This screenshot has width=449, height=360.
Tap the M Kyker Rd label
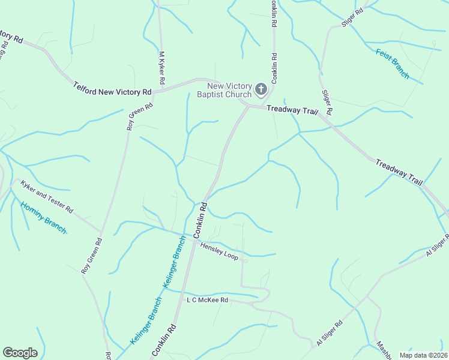pyautogui.click(x=161, y=67)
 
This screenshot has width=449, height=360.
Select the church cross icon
pyautogui.click(x=261, y=90)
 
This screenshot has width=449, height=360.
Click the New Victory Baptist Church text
pyautogui.click(x=226, y=90)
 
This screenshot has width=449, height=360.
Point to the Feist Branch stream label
pyautogui.click(x=393, y=64)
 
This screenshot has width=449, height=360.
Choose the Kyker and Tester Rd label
pyautogui.click(x=46, y=197)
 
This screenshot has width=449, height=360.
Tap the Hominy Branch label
pyautogui.click(x=43, y=217)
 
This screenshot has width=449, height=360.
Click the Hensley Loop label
pyautogui.click(x=219, y=251)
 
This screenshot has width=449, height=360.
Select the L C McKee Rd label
pyautogui.click(x=208, y=299)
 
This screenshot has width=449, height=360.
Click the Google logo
pyautogui.click(x=20, y=353)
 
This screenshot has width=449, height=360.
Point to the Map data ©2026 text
pyautogui.click(x=423, y=355)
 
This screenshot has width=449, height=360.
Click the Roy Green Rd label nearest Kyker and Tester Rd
pyautogui.click(x=92, y=256)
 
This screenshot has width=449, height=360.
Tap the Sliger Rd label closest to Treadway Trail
pyautogui.click(x=327, y=103)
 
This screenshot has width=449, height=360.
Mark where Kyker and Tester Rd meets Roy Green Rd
pyautogui.click(x=101, y=231)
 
